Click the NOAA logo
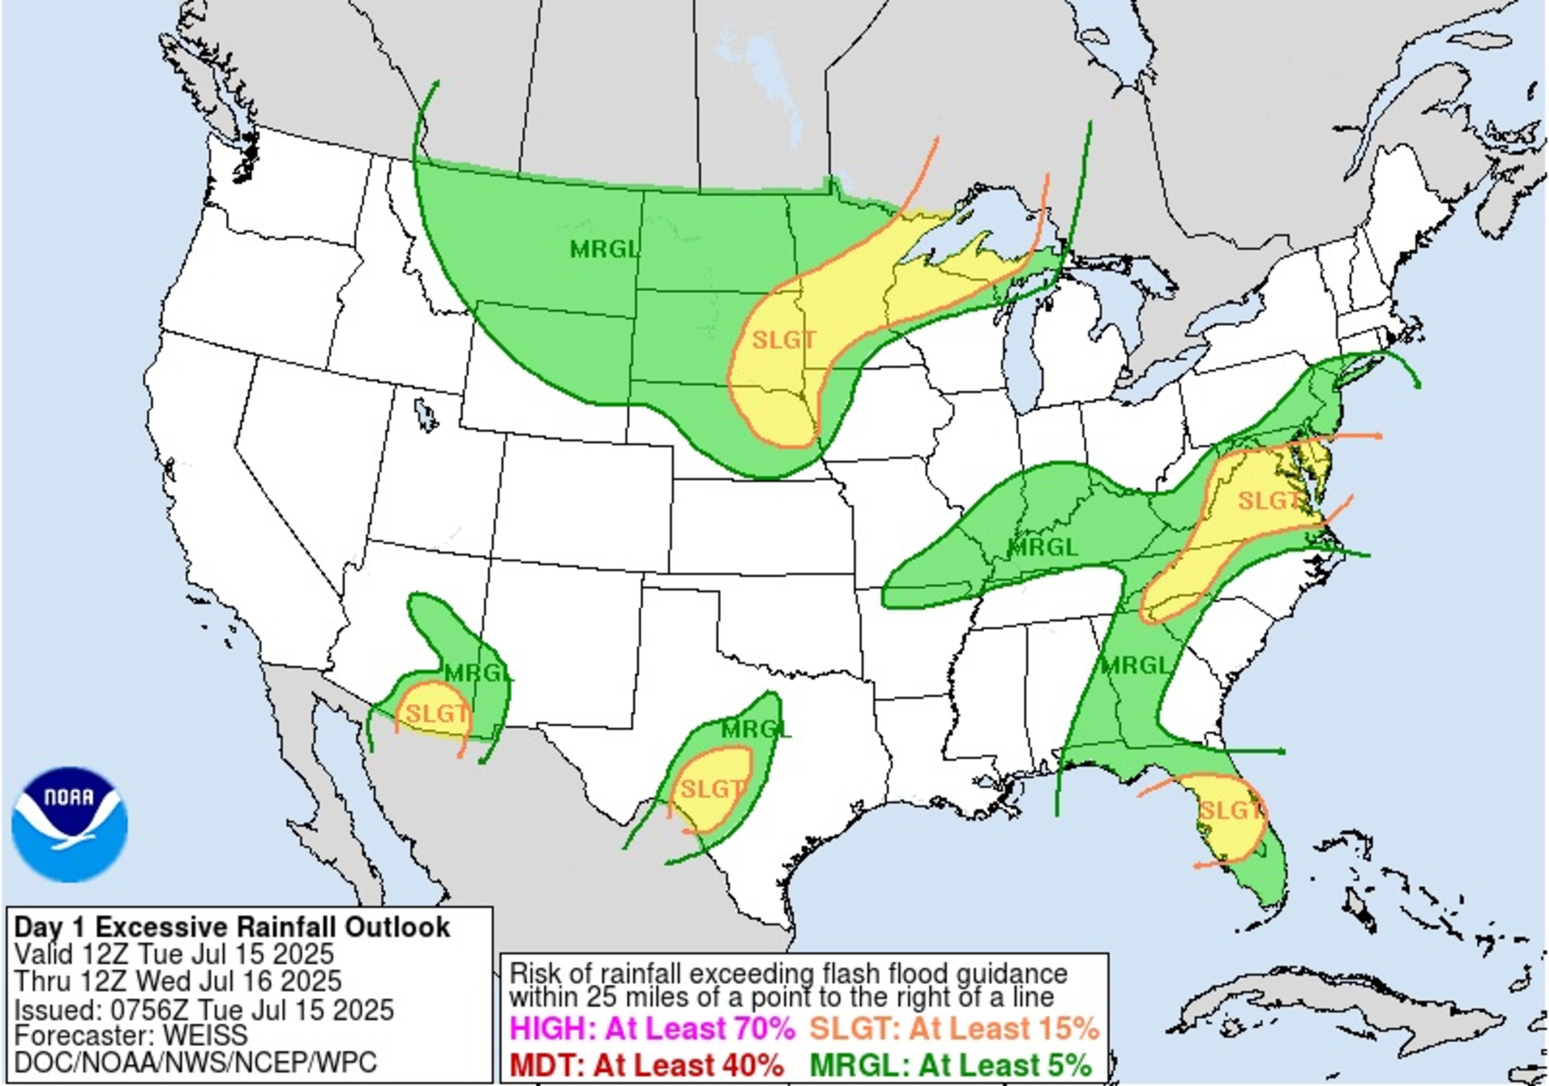70,824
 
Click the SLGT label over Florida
1230,810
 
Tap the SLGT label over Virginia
1268,501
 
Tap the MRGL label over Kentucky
1042,547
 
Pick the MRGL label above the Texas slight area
755,729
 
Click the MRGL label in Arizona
479,673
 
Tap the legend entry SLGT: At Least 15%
954,1029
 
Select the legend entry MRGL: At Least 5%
951,1066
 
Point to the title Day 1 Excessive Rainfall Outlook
232,928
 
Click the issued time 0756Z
148,1010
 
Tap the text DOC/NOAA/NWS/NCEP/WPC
196,1062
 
